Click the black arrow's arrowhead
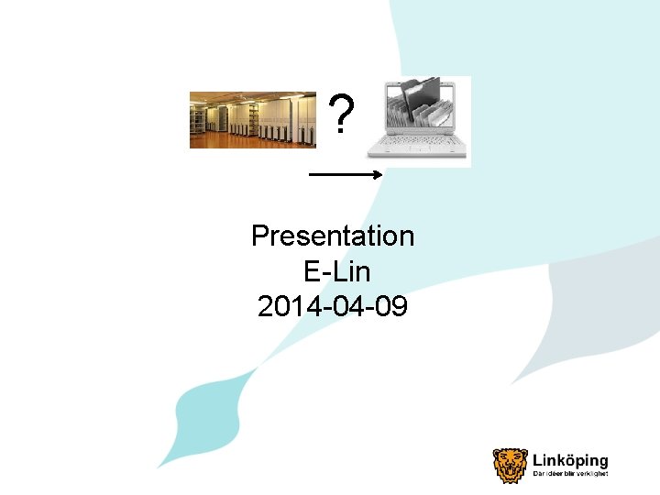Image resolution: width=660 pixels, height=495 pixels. coord(378,173)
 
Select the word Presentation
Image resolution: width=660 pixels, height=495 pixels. coord(333,236)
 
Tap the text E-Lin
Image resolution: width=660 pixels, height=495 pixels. coord(335,271)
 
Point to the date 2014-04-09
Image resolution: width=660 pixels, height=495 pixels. coord(333,306)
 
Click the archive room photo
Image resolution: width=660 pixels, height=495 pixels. coord(252,119)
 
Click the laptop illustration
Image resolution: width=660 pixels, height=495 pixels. coord(419,121)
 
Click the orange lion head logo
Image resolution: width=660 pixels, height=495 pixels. coord(510,465)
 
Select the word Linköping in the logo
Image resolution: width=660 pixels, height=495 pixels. coord(570,461)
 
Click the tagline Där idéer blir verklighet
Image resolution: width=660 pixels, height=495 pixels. coord(570,475)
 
